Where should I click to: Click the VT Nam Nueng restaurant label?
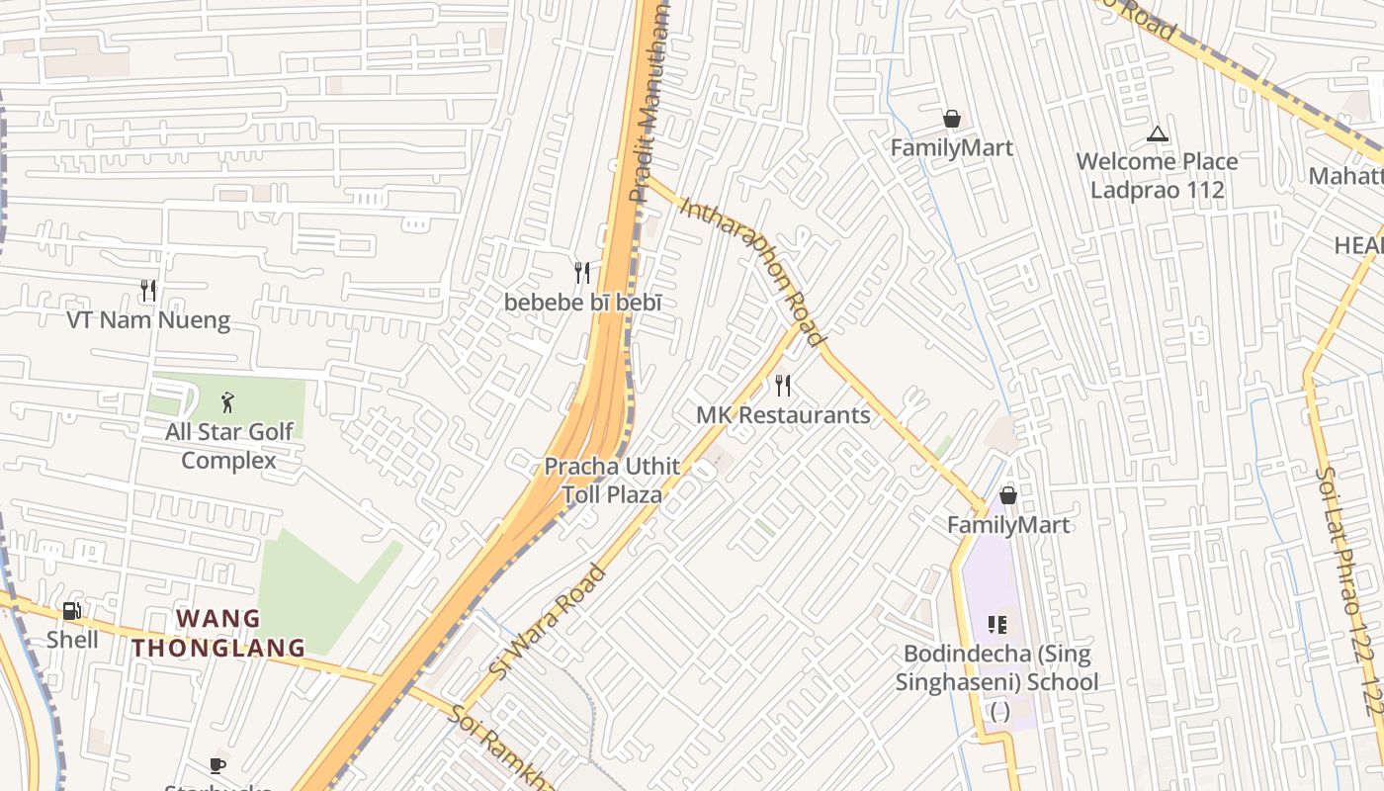click(x=148, y=320)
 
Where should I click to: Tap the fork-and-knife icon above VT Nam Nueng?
click(x=148, y=290)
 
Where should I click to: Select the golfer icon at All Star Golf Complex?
click(x=228, y=402)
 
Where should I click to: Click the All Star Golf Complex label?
click(x=229, y=446)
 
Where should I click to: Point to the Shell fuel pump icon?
click(x=72, y=611)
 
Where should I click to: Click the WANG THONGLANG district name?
click(x=219, y=634)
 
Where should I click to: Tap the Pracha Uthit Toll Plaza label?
click(x=612, y=481)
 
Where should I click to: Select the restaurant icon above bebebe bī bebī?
click(x=582, y=272)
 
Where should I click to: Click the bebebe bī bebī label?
click(x=582, y=303)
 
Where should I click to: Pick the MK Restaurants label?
click(x=783, y=415)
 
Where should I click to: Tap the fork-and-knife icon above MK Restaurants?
click(x=783, y=385)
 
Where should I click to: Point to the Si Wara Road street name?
click(x=547, y=621)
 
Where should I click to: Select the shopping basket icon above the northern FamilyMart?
click(x=952, y=119)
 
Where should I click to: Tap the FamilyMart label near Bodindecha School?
click(x=1008, y=525)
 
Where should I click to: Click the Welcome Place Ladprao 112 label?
click(x=1157, y=175)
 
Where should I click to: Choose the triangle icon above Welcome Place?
click(x=1157, y=133)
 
